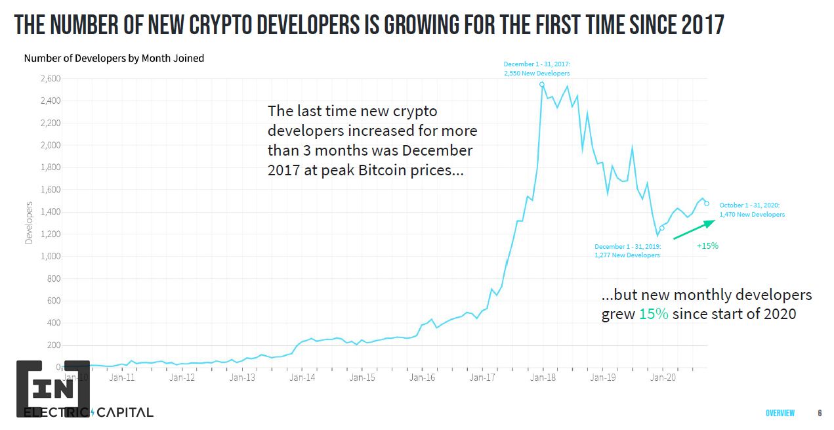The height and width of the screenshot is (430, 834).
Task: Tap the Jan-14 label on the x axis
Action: pyautogui.click(x=302, y=377)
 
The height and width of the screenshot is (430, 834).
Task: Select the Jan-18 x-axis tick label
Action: pyautogui.click(x=543, y=377)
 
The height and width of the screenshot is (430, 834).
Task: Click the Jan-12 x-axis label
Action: pyautogui.click(x=182, y=377)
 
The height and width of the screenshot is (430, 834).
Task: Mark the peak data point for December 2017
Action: pyautogui.click(x=542, y=84)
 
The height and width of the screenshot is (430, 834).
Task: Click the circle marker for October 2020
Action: pyautogui.click(x=707, y=204)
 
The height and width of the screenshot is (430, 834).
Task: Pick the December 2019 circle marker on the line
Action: pyautogui.click(x=662, y=228)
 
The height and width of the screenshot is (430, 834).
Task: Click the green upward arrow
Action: pyautogui.click(x=694, y=228)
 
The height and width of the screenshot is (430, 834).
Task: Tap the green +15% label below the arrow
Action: pyautogui.click(x=707, y=246)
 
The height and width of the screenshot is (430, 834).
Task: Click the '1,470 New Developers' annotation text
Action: pyautogui.click(x=751, y=215)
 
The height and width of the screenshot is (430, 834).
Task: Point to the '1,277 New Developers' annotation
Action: pyautogui.click(x=627, y=255)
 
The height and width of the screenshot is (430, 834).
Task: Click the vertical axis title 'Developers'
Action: pyautogui.click(x=29, y=223)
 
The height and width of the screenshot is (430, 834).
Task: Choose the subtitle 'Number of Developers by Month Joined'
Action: pyautogui.click(x=114, y=58)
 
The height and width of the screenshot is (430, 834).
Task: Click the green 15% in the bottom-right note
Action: pyautogui.click(x=654, y=314)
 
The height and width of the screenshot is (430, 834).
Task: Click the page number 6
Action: pyautogui.click(x=820, y=413)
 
